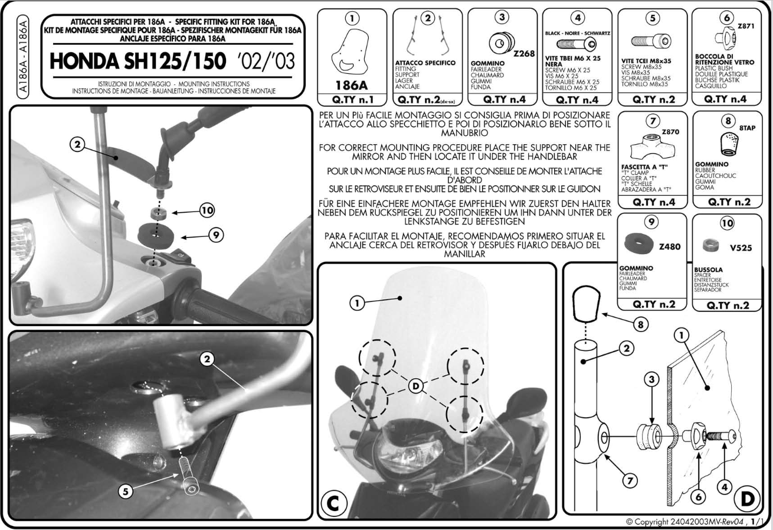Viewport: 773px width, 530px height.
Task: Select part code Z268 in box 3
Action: tap(524, 54)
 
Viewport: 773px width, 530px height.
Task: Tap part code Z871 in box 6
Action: tap(746, 26)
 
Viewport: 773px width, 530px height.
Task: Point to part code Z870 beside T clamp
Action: tap(670, 132)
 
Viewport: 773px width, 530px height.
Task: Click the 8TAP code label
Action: tap(747, 128)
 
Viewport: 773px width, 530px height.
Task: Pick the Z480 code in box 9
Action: tap(670, 246)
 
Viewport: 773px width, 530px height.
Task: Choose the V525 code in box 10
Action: tap(741, 248)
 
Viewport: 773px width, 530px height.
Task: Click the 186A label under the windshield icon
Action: tap(352, 85)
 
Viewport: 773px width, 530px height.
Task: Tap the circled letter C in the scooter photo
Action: tap(333, 503)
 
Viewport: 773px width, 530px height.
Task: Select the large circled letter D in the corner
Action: tap(747, 499)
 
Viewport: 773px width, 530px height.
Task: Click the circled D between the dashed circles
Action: tap(415, 386)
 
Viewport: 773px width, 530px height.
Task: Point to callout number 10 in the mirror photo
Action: tap(207, 210)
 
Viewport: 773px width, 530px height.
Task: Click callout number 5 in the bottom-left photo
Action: tap(126, 491)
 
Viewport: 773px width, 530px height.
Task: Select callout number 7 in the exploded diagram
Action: tap(630, 480)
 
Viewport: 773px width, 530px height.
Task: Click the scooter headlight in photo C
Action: tap(410, 451)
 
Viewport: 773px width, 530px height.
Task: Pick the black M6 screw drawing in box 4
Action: tap(576, 44)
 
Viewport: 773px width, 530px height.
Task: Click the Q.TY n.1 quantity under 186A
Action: tap(352, 100)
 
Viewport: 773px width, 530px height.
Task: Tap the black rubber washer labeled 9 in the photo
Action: tap(156, 236)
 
